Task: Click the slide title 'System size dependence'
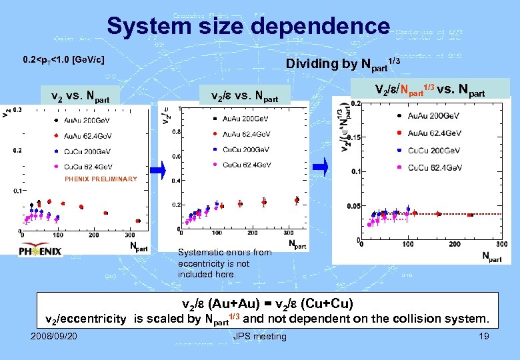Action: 248,27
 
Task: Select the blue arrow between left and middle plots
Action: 157,171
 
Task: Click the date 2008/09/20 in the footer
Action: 53,336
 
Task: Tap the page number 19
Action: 483,336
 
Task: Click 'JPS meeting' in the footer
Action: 260,336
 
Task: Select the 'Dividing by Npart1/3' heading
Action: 343,63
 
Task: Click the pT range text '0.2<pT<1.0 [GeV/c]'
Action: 63,60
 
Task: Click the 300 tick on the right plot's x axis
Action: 502,245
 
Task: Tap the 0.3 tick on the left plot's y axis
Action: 17,109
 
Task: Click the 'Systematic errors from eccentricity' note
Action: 225,263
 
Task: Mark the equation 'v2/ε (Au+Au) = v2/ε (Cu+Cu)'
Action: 267,304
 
